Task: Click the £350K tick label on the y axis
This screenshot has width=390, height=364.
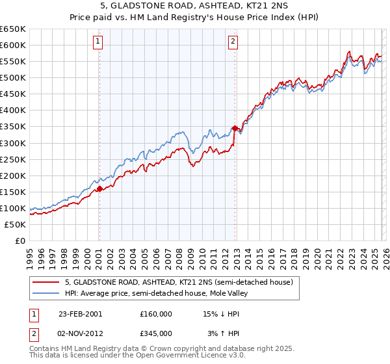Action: pos(13,127)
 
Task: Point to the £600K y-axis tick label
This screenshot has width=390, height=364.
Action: pos(13,45)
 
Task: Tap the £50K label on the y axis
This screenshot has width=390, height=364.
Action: pos(16,224)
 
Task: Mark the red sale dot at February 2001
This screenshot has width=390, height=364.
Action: pos(99,188)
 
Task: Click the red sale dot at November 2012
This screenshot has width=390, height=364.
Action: pos(234,128)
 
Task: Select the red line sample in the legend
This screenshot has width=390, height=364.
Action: pos(46,283)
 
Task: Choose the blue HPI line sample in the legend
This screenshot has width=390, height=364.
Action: pos(46,293)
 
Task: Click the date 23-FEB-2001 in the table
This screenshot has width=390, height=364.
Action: pos(81,314)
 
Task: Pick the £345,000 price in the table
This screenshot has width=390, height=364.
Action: pos(156,333)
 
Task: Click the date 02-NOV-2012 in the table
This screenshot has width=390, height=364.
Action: pos(81,333)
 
